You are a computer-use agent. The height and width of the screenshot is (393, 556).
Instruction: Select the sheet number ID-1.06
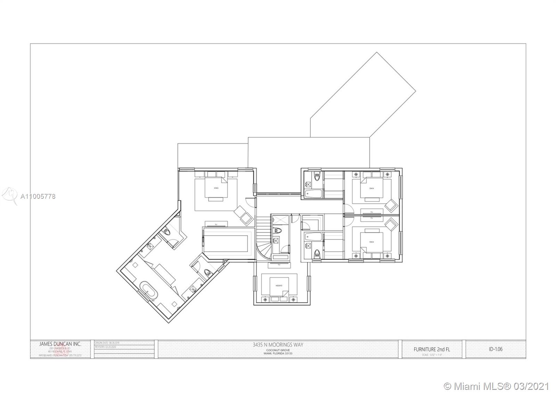(x=496, y=349)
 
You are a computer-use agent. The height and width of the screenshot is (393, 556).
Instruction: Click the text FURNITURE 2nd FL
(x=432, y=349)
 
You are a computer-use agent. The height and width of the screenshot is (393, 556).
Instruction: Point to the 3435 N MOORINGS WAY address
(x=278, y=344)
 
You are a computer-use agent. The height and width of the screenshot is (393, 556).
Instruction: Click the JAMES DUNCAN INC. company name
(x=60, y=344)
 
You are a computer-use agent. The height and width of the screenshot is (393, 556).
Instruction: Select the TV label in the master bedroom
(x=216, y=224)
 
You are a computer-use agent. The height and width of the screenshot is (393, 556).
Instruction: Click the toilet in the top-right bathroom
(x=316, y=177)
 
